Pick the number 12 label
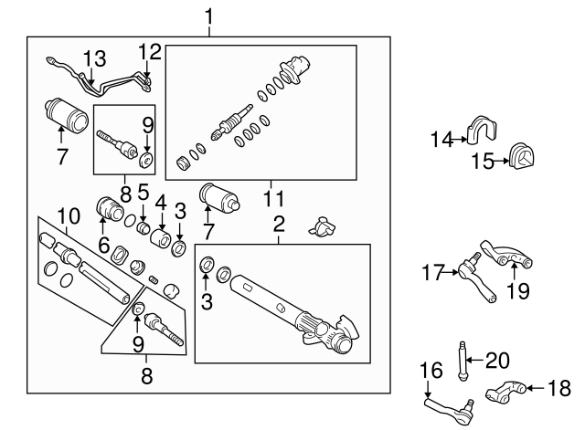coord(149,49)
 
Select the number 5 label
coord(142,193)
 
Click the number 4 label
coord(161,202)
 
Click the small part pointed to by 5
coord(144,227)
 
